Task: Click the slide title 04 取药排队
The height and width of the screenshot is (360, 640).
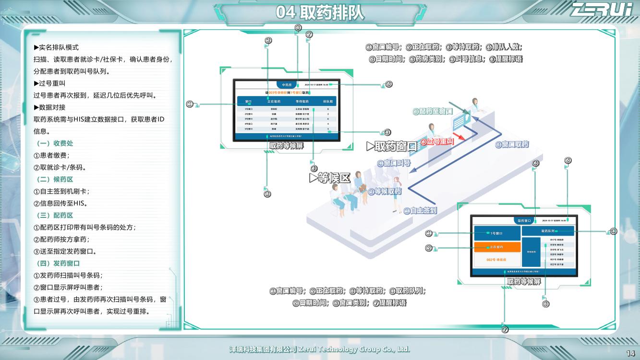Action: (320, 13)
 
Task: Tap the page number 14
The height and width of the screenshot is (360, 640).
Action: (630, 353)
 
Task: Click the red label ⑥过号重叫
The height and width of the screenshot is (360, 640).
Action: (437, 142)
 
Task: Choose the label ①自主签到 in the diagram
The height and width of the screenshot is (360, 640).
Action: (420, 210)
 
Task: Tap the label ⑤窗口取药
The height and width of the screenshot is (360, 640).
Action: (512, 144)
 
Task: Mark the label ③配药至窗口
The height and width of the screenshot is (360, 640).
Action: (433, 111)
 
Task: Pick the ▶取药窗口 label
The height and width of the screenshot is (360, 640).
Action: (392, 146)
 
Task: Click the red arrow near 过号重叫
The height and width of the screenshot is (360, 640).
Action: (459, 137)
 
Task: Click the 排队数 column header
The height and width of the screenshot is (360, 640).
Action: (328, 102)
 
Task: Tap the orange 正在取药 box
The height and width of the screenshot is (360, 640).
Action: (497, 247)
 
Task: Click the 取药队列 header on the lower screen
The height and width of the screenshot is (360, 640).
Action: (548, 231)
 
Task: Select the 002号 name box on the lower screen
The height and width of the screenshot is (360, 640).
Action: (497, 260)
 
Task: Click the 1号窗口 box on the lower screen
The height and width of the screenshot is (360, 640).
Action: (497, 233)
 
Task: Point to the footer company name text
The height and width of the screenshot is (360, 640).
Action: (320, 349)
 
